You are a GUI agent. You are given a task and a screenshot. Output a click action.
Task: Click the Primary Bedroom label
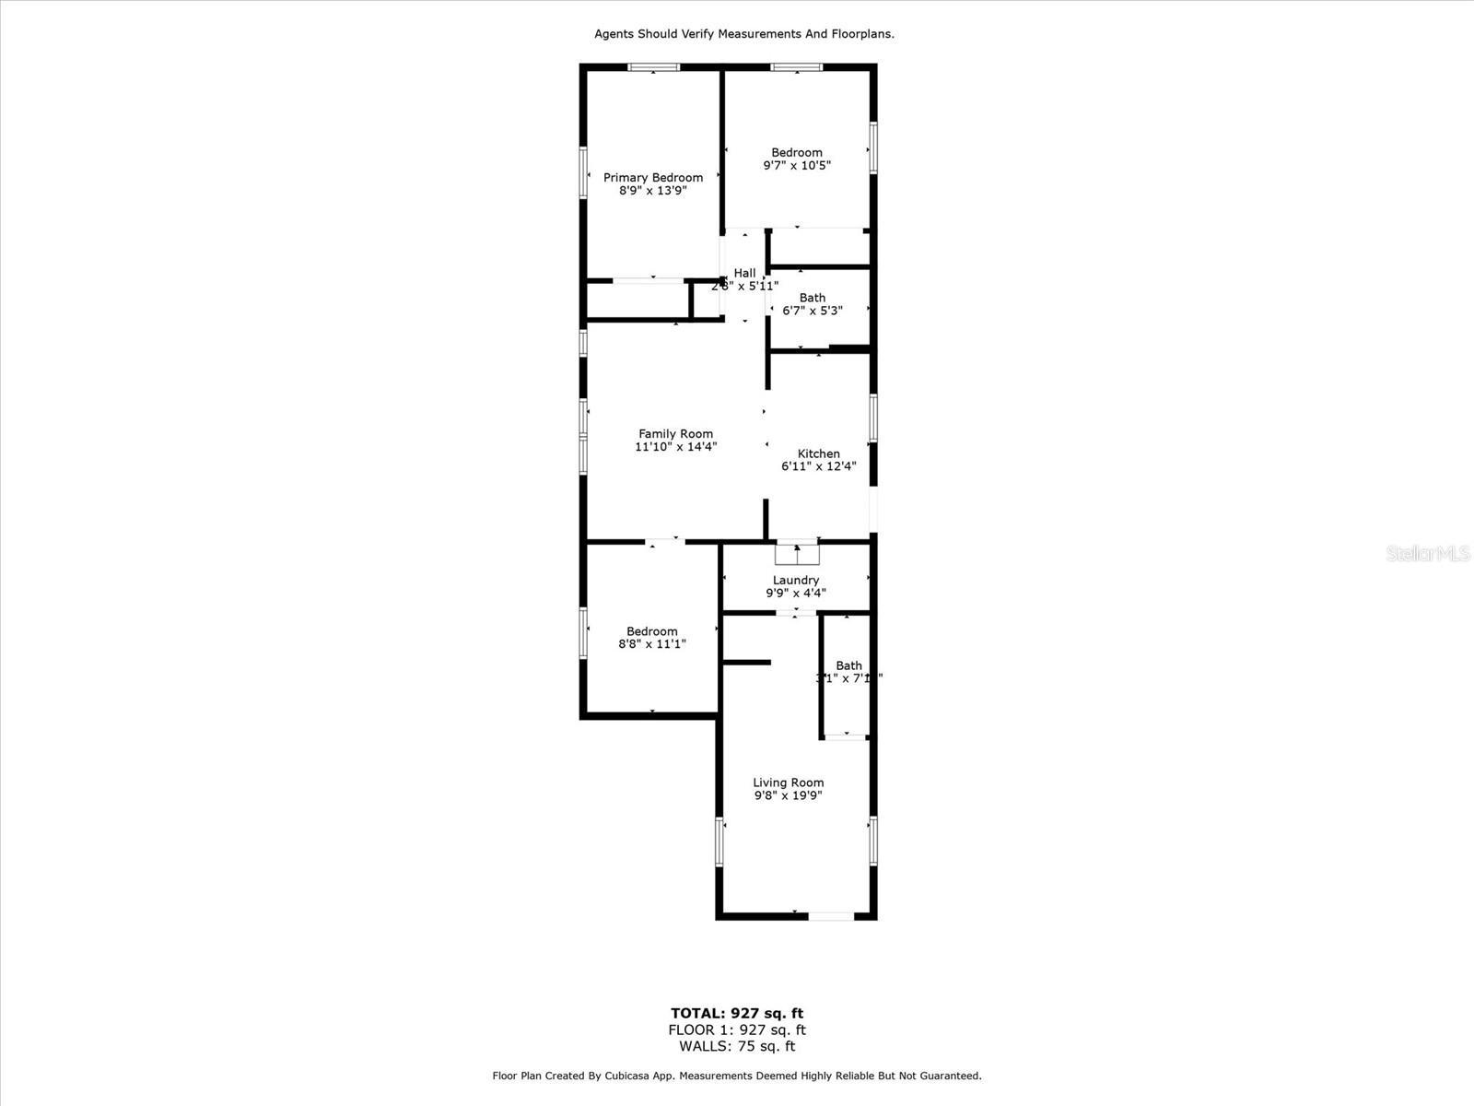coord(653,178)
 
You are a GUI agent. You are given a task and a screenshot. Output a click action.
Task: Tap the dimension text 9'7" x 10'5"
coord(797,166)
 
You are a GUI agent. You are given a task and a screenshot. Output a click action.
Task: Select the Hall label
coord(744,273)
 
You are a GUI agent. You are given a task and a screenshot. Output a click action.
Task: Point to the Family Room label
coord(676,434)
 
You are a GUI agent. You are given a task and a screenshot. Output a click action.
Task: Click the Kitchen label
coord(819,453)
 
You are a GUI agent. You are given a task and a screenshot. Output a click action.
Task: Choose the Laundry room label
coord(796,581)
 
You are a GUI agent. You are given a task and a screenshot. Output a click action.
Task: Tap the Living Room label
coord(789,782)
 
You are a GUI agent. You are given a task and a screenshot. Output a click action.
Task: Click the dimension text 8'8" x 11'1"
coord(652,645)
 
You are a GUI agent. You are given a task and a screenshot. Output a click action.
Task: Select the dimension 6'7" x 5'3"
coord(813,311)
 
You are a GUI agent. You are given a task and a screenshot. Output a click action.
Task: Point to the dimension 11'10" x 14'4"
coord(676,447)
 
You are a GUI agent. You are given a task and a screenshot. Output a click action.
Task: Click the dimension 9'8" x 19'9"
coord(789,795)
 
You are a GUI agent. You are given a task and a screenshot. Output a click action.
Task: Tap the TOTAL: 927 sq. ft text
coord(737,1014)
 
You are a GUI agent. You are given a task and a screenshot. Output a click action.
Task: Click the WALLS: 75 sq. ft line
coord(737,1046)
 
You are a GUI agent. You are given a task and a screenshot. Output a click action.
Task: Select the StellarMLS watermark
coord(1429,553)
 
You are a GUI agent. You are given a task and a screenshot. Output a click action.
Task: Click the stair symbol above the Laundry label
coord(797,554)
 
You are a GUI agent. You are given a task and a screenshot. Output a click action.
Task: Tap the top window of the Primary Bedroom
coord(654,67)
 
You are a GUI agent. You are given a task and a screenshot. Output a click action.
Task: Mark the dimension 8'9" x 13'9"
coord(653,191)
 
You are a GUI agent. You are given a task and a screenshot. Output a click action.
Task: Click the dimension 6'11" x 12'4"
coord(819,466)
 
